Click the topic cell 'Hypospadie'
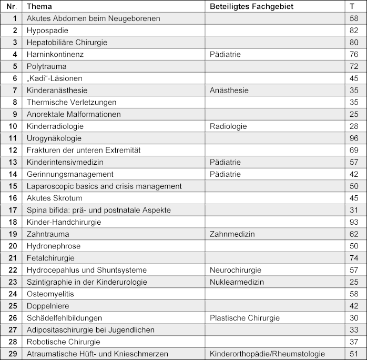click(47, 30)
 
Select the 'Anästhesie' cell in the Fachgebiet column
click(229, 90)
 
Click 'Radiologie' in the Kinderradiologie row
click(228, 126)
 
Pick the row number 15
click(13, 186)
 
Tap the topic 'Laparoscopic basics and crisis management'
click(104, 186)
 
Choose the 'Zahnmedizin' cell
click(231, 234)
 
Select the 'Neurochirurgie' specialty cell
click(235, 270)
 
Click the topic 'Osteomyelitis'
click(50, 294)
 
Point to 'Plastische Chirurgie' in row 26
click(244, 318)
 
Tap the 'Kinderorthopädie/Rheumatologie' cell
click(267, 354)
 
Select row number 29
click(13, 354)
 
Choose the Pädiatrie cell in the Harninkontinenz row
click(225, 54)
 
